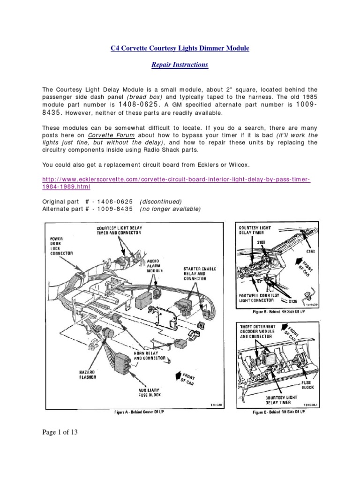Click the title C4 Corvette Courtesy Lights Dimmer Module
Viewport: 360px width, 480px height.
[x=180, y=48]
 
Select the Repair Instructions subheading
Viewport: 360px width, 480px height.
[x=180, y=65]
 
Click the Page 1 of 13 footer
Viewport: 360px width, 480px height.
[x=60, y=432]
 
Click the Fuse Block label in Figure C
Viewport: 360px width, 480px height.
[x=308, y=384]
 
